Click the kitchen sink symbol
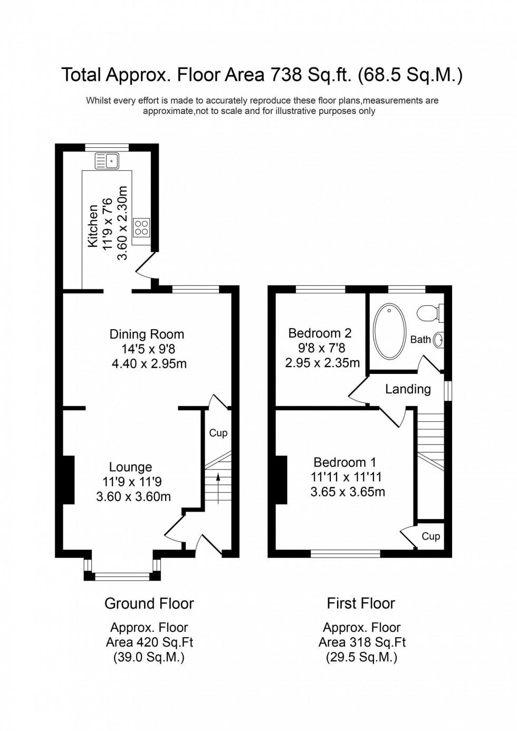tap(107, 160)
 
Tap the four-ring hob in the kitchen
tap(142, 227)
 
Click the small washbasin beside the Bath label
tap(438, 340)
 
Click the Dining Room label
tap(147, 334)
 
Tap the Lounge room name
tap(130, 467)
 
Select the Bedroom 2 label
tap(320, 333)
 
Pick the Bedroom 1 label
tap(344, 463)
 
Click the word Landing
tap(408, 389)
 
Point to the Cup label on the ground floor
tap(218, 433)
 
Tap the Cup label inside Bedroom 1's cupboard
tap(430, 536)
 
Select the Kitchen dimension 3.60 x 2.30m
tap(122, 223)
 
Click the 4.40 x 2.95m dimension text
tap(149, 363)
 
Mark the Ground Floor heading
tap(149, 603)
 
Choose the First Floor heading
tap(361, 603)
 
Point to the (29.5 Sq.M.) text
tap(361, 657)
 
